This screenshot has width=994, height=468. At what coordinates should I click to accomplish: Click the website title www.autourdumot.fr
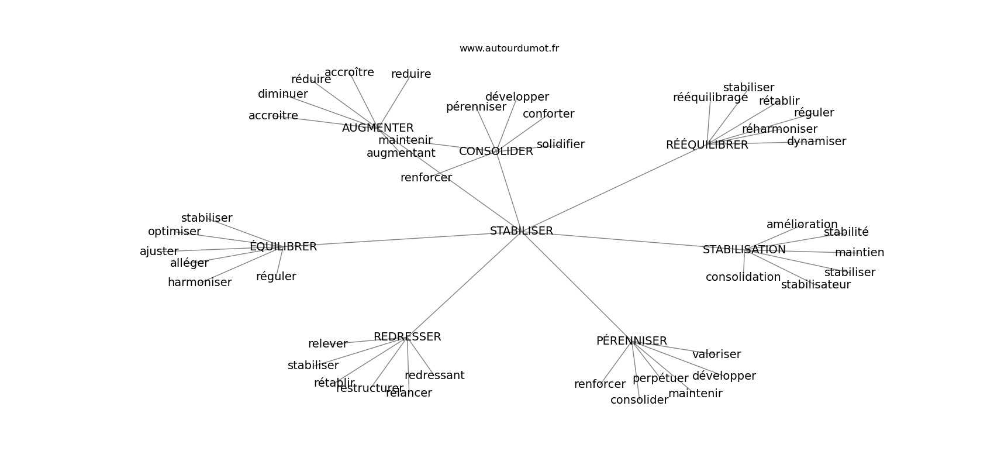click(x=509, y=49)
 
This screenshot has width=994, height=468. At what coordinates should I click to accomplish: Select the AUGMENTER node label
click(x=378, y=128)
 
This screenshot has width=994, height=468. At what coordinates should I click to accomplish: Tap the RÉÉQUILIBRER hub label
click(x=707, y=145)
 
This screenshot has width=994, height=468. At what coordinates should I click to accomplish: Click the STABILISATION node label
click(x=744, y=250)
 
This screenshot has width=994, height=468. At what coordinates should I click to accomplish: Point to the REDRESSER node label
click(x=407, y=337)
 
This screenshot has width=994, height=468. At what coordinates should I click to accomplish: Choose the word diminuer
click(x=282, y=94)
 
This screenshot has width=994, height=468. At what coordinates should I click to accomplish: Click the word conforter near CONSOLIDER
click(x=548, y=114)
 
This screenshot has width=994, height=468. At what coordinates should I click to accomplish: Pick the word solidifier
click(x=560, y=144)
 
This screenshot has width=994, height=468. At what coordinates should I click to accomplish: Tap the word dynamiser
click(x=816, y=142)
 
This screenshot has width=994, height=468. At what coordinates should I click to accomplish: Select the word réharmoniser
click(x=779, y=129)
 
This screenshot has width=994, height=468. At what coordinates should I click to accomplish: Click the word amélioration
click(x=802, y=225)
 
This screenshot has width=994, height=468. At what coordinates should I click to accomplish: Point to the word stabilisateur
click(x=816, y=285)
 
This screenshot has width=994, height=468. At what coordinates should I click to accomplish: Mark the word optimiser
click(x=174, y=232)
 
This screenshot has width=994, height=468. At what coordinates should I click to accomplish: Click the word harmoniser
click(x=199, y=283)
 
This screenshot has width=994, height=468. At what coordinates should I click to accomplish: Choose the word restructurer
click(x=370, y=388)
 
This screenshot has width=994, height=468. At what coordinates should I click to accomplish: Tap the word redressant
click(x=434, y=376)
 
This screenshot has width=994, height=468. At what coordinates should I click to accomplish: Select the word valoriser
click(x=716, y=355)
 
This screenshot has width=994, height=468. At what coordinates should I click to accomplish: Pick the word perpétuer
click(x=660, y=378)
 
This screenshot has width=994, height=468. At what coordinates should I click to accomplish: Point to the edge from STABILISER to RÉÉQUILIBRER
click(x=608, y=190)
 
